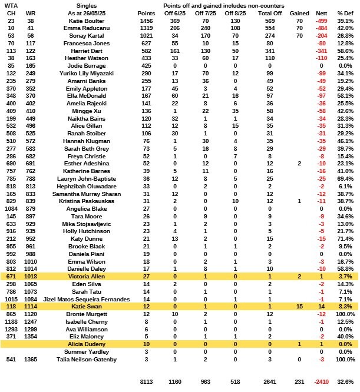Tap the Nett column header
pos(321,12)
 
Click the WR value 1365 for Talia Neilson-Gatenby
pos(30,358)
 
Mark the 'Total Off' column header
pos(267,12)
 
